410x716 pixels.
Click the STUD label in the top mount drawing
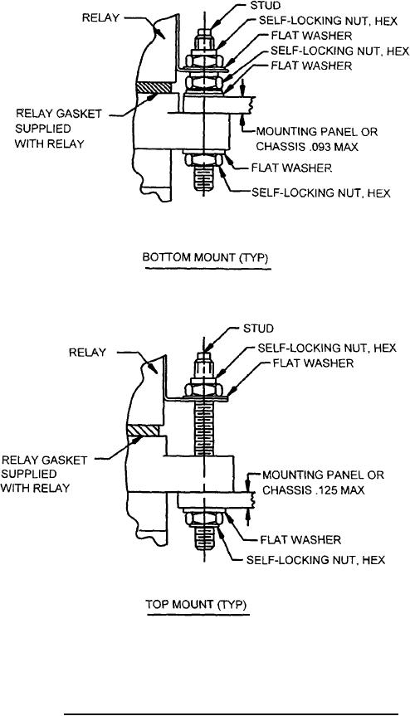coord(257,329)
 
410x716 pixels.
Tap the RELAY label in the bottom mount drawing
coord(100,17)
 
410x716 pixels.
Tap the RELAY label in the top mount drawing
coord(87,353)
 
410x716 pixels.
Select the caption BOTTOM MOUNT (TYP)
coord(206,257)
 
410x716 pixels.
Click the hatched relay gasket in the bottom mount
coord(154,87)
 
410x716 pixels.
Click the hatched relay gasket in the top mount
coord(144,430)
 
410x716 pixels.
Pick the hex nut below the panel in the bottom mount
coord(204,160)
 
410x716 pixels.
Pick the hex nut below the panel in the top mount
coord(204,519)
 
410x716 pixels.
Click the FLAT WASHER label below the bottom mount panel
coord(291,168)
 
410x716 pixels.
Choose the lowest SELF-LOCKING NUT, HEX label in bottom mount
coord(321,192)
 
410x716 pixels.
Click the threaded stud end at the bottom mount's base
coord(204,179)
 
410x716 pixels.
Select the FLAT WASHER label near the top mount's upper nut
coord(313,363)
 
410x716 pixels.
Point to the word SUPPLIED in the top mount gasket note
coord(29,474)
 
